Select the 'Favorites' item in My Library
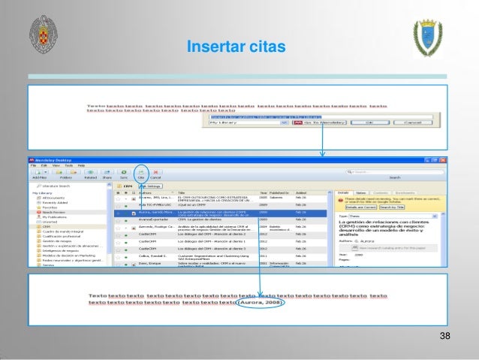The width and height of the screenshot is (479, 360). (50, 207)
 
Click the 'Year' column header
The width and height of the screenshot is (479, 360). (264, 192)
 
